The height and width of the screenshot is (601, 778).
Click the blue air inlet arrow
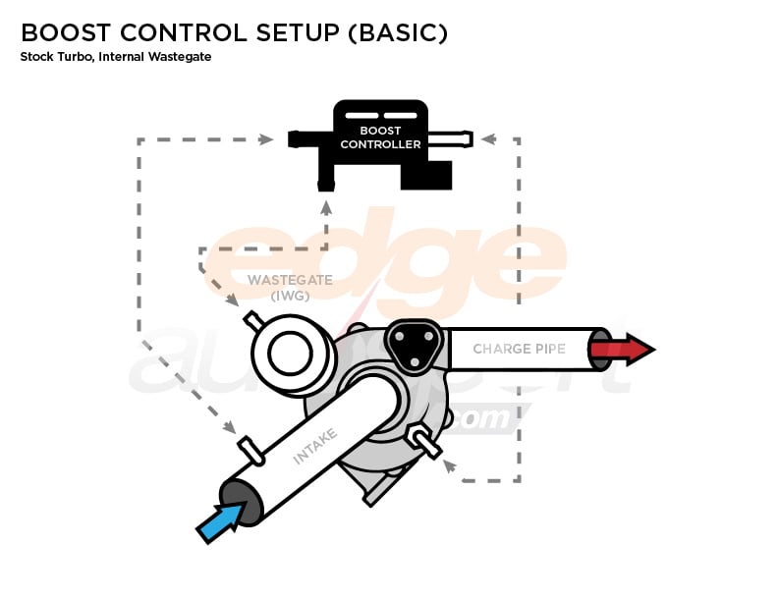[x=220, y=521]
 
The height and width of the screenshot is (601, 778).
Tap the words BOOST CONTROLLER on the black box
[x=380, y=137]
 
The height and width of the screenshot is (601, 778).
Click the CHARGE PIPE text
[x=518, y=350]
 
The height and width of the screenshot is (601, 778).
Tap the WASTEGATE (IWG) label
[x=289, y=287]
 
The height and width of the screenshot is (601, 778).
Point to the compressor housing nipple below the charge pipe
[x=425, y=442]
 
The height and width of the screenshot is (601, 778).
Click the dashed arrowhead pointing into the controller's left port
[x=266, y=139]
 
